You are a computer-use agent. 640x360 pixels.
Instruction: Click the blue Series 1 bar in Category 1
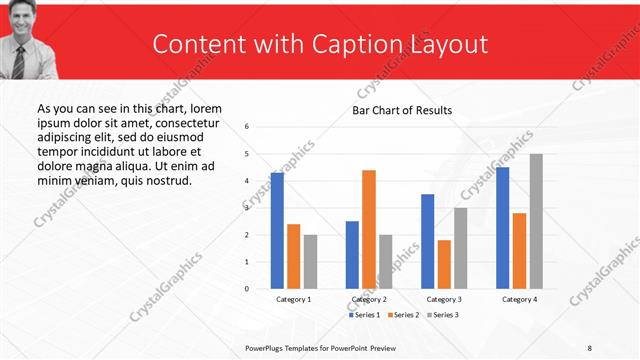click(277, 230)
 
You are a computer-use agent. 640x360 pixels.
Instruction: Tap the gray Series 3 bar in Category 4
click(536, 221)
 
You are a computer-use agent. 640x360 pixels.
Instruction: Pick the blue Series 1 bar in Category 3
click(428, 241)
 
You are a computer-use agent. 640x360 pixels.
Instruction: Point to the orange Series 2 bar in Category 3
click(444, 264)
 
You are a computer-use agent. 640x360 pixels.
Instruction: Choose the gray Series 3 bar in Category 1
click(310, 261)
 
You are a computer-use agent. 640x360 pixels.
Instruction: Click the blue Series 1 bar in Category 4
click(502, 227)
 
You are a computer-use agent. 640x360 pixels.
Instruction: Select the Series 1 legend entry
click(366, 315)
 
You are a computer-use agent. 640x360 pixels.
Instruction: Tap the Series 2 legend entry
click(404, 315)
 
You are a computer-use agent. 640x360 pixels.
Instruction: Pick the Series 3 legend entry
click(443, 315)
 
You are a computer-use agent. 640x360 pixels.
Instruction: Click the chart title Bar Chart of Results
click(402, 110)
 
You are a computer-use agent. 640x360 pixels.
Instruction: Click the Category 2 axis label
click(369, 299)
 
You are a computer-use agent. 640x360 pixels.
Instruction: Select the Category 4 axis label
click(519, 299)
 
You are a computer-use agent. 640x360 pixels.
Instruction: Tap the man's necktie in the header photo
click(19, 62)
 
